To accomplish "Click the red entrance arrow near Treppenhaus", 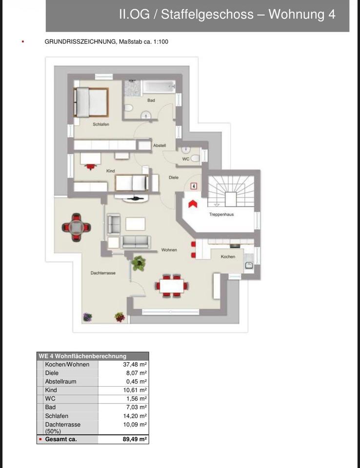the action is click(x=193, y=204).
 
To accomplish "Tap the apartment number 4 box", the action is click(x=194, y=186).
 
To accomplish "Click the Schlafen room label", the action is click(x=101, y=124).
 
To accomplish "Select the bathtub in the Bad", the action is click(x=159, y=87).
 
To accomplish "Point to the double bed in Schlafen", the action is click(x=91, y=102).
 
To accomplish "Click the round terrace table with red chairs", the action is click(x=76, y=228).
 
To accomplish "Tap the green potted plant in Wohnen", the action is click(x=139, y=263).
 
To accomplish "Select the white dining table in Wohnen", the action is click(x=172, y=286).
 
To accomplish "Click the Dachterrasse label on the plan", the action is click(x=103, y=273).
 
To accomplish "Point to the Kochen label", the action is click(x=228, y=256).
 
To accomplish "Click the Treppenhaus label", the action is click(x=221, y=214).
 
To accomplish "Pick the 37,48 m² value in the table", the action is click(x=135, y=365).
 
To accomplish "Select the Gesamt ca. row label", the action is click(x=61, y=439).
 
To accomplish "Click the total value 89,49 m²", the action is click(x=135, y=439).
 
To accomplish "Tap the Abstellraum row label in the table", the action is click(x=60, y=381).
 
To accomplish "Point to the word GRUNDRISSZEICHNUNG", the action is click(x=80, y=42).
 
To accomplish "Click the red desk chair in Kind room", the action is click(x=90, y=167).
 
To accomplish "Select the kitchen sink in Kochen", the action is click(x=249, y=265).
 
